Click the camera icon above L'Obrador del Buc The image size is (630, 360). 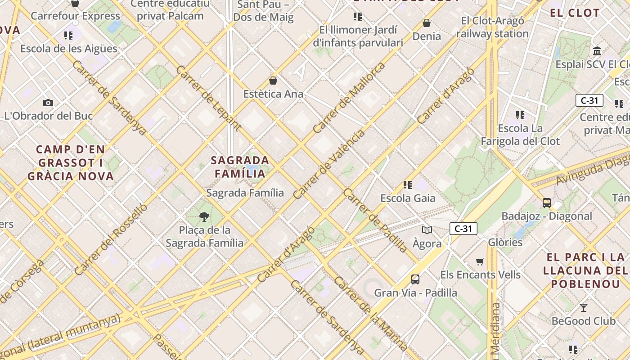pos(48,103)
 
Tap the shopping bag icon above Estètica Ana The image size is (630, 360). pos(273,81)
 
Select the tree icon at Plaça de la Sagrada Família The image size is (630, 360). pos(204,217)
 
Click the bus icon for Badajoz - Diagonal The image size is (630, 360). pos(546,203)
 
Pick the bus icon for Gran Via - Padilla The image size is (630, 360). pos(415,279)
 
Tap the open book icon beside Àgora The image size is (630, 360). pos(427,230)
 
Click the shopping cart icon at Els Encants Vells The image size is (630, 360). pos(480,261)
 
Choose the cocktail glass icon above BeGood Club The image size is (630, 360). pos(583,308)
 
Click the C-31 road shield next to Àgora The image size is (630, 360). pos(463,229)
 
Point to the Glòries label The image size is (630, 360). pos(505,242)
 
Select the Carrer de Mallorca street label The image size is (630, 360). pos(349,98)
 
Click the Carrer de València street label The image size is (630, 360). pos(329,165)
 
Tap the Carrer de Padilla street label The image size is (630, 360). pos(375,220)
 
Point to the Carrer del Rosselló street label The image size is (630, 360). pos(111,239)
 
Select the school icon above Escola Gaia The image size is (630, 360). pos(408,185)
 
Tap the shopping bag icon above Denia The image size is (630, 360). pos(427,23)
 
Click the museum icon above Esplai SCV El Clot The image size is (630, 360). pos(597,51)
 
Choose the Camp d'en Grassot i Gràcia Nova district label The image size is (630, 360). pos(70,162)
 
